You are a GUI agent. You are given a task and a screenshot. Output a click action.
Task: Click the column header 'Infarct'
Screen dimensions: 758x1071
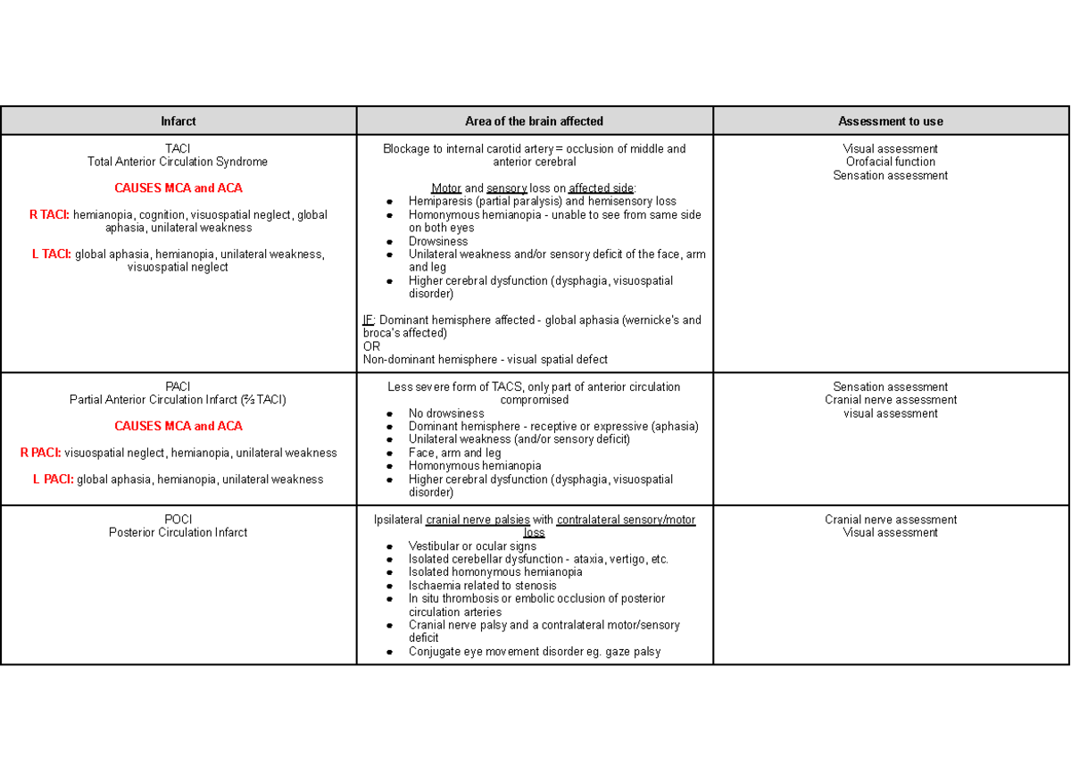click(x=178, y=121)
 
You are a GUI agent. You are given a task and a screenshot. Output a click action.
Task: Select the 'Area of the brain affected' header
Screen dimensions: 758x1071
click(x=534, y=121)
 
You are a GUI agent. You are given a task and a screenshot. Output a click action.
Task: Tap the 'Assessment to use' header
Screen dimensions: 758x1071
click(x=890, y=121)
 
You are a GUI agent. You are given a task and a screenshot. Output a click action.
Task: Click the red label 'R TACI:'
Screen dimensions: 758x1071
click(x=50, y=214)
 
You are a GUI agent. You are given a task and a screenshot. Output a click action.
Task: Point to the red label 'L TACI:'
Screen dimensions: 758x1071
click(x=52, y=254)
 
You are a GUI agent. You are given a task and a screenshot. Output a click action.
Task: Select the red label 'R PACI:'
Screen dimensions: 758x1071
click(x=41, y=453)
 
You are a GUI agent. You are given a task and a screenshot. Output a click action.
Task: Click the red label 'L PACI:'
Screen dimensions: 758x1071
click(x=54, y=479)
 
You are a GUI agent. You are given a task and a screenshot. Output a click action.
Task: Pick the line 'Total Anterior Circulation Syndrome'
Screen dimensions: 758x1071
click(x=178, y=162)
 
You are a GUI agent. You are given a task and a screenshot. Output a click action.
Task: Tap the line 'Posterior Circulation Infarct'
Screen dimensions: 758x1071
click(x=178, y=532)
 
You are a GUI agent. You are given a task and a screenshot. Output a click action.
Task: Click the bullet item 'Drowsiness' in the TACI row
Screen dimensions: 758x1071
click(x=438, y=241)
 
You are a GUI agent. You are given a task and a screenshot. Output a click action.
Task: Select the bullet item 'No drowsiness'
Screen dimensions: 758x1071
click(x=446, y=413)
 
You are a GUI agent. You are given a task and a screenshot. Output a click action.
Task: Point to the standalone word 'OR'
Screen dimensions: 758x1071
click(x=371, y=346)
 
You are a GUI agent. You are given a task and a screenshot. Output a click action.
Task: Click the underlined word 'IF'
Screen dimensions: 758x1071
click(x=368, y=320)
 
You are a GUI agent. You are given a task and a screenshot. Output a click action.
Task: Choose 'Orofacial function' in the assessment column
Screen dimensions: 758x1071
click(x=890, y=162)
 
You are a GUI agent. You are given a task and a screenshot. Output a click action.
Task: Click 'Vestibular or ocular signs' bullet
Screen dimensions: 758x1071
click(x=472, y=546)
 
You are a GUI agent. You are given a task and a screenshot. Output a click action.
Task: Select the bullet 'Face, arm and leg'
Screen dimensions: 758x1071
click(x=454, y=453)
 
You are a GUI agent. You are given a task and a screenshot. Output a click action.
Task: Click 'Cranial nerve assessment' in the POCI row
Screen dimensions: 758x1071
click(x=890, y=520)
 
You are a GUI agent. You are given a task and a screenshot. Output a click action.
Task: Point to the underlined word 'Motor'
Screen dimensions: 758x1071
click(x=446, y=188)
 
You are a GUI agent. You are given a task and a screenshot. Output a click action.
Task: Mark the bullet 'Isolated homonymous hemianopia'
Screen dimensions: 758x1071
click(x=495, y=572)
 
